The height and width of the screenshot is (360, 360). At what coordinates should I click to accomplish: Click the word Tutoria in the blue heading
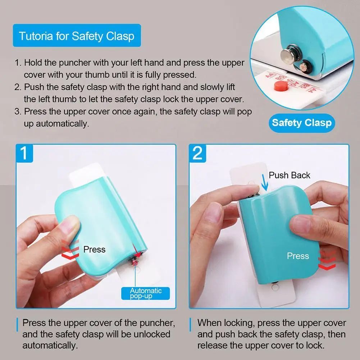[x=36, y=36]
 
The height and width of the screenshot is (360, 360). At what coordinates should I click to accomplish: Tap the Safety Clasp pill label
[x=302, y=123]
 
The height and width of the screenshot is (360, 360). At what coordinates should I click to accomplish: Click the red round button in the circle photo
[x=281, y=86]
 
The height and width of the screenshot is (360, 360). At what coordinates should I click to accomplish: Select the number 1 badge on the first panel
[x=24, y=153]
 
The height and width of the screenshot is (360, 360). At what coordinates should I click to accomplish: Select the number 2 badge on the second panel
[x=197, y=153]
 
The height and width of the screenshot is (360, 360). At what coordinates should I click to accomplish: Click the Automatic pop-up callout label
[x=146, y=293]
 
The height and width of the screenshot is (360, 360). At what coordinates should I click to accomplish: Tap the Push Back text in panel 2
[x=289, y=175]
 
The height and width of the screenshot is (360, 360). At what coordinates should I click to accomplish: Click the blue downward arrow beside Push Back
[x=265, y=182]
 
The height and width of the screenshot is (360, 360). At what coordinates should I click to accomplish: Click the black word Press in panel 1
[x=94, y=249]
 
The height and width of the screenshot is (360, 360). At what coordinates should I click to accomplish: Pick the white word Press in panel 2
[x=298, y=256]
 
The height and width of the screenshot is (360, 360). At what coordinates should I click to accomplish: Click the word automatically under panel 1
[x=50, y=345]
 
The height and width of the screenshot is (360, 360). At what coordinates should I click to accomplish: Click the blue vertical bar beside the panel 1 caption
[x=17, y=325]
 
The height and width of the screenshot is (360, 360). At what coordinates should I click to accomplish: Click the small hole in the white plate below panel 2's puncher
[x=275, y=287]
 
